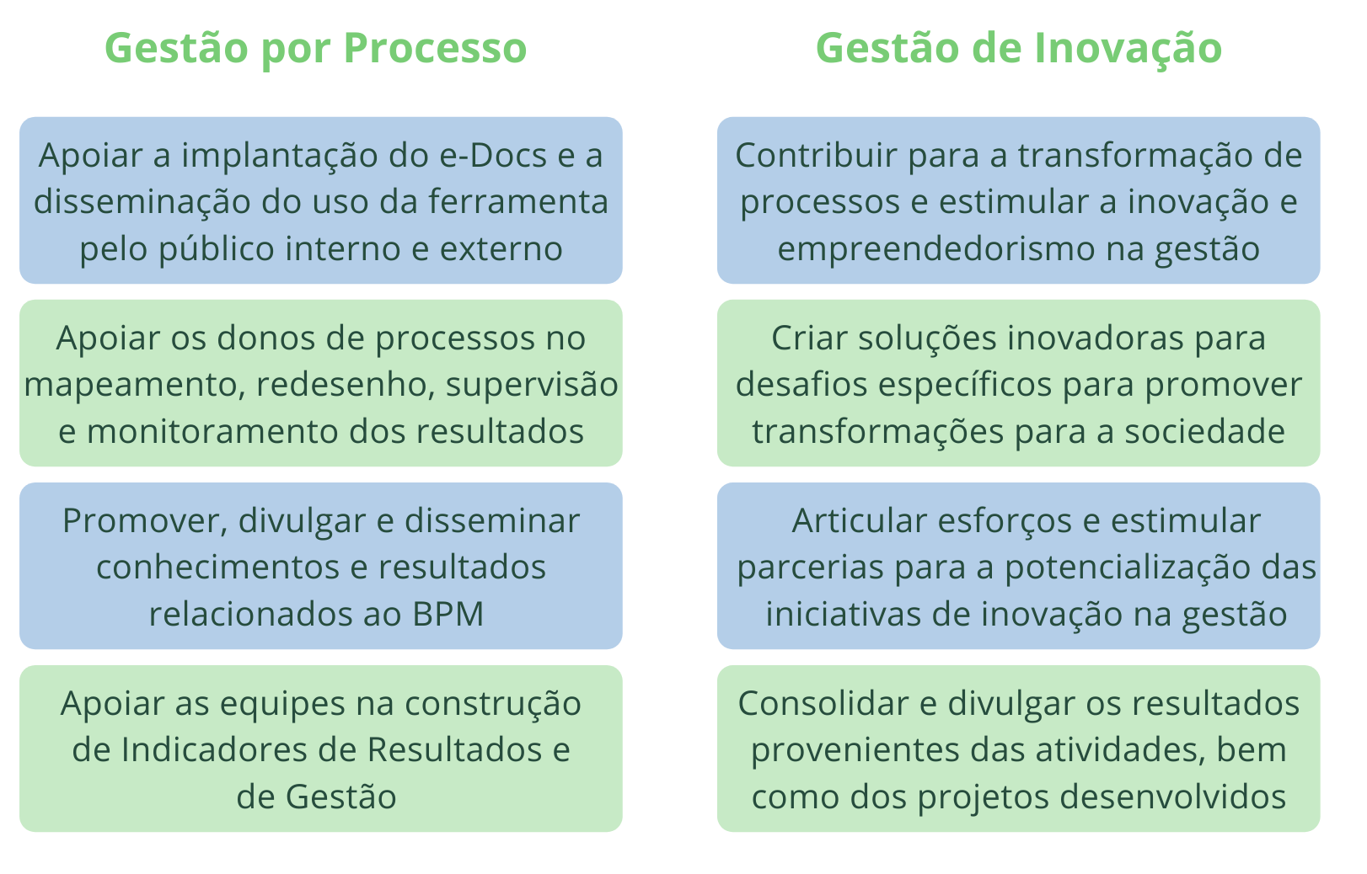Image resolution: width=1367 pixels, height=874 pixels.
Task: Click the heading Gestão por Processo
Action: tap(315, 49)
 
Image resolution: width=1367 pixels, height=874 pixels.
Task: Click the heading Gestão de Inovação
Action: tap(1019, 49)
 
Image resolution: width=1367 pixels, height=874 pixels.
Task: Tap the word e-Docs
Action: tap(493, 156)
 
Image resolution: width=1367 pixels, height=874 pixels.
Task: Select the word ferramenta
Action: tap(518, 202)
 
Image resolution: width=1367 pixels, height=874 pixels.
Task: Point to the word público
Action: tap(216, 249)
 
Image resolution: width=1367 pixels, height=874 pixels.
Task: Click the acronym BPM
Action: tap(448, 614)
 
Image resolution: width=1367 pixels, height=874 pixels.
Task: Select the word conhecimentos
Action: tap(218, 568)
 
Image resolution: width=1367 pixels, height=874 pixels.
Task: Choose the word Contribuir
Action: tap(816, 156)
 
